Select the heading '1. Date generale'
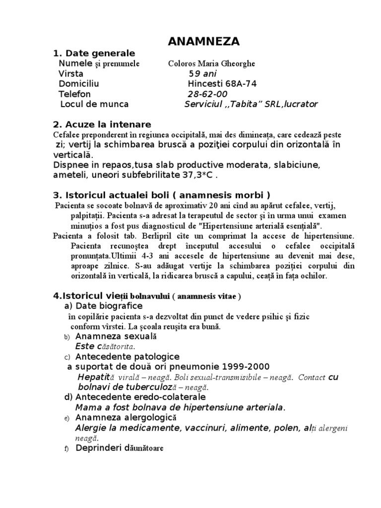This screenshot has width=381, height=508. tap(94, 54)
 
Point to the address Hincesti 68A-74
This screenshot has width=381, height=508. tap(222, 84)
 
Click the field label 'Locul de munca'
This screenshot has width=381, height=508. tap(94, 104)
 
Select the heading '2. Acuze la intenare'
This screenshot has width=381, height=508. tap(102, 124)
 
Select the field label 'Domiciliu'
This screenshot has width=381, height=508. tap(79, 84)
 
